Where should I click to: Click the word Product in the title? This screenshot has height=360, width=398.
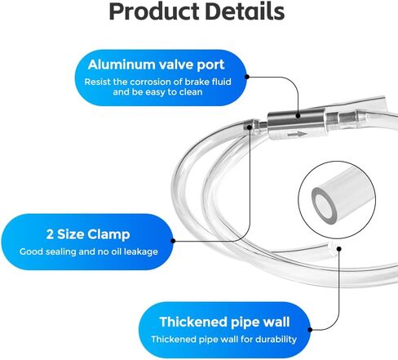click(x=155, y=12)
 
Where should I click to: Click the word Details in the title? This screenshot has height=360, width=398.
click(x=245, y=11)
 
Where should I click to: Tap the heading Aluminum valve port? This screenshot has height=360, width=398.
click(x=156, y=64)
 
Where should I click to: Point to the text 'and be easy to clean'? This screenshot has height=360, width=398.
click(x=157, y=92)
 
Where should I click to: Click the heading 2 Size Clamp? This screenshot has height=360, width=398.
click(x=88, y=234)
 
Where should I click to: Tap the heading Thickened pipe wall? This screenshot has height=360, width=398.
click(x=224, y=322)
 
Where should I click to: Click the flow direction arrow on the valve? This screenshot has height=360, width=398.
click(x=298, y=134)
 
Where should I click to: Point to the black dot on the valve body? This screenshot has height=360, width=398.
click(x=298, y=116)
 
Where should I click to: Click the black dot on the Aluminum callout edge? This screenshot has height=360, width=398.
click(x=247, y=77)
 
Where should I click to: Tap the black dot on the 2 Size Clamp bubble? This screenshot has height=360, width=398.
click(x=173, y=241)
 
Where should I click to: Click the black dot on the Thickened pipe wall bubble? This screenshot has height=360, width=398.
click(x=310, y=330)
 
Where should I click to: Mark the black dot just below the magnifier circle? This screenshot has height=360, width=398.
click(x=338, y=248)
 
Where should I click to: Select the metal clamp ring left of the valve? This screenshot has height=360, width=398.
click(x=249, y=127)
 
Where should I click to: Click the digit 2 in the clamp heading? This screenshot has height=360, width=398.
click(x=50, y=234)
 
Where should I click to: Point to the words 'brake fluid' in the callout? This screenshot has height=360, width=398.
click(x=208, y=82)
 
